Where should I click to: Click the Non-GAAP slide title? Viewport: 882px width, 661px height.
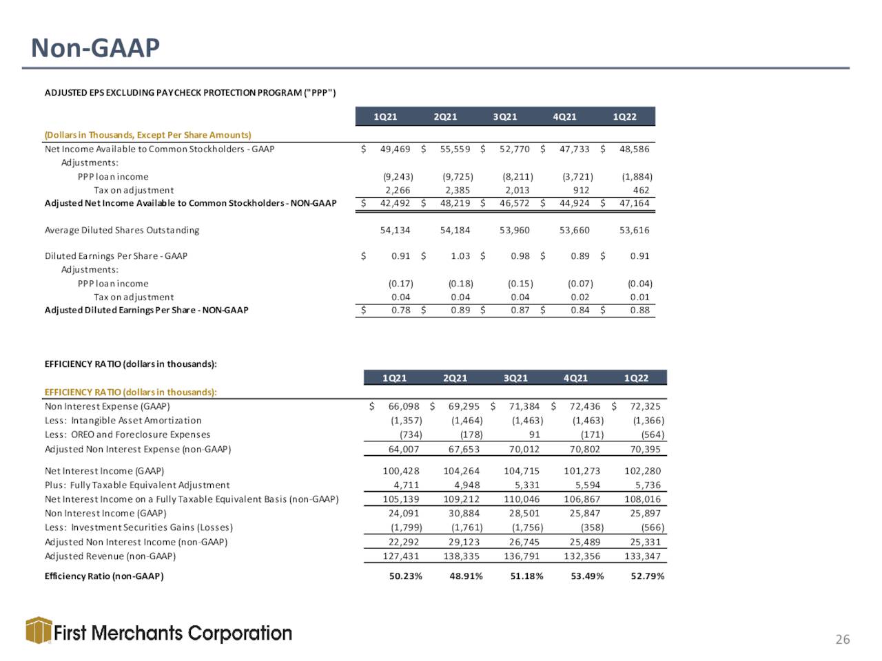tap(95, 48)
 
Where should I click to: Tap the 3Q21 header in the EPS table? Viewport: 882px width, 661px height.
tap(504, 117)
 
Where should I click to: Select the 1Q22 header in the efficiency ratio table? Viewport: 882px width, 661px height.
tap(636, 378)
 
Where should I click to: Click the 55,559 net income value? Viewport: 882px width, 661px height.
tap(455, 149)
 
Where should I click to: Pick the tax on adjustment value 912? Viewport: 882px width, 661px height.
tap(581, 190)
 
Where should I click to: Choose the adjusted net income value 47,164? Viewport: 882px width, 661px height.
tap(634, 203)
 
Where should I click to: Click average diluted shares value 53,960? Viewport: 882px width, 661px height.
tap(514, 231)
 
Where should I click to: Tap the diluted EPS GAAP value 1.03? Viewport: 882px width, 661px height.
tap(460, 256)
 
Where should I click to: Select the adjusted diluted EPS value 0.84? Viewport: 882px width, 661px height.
tap(580, 311)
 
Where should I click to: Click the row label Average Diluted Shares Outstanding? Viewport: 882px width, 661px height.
tap(122, 231)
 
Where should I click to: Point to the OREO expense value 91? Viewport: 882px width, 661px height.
tap(535, 434)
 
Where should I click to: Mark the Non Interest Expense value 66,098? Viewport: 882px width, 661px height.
tap(403, 406)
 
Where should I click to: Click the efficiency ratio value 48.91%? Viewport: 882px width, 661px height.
tap(466, 576)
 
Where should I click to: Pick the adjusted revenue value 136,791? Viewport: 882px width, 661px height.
tap(522, 556)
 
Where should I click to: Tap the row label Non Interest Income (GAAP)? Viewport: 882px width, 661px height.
tap(105, 514)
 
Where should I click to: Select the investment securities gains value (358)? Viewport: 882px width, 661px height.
tap(593, 527)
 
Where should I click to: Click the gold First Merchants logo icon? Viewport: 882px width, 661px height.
tap(39, 630)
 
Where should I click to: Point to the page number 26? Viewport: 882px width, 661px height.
tap(843, 640)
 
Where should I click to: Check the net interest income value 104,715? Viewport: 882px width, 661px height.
tap(522, 471)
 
